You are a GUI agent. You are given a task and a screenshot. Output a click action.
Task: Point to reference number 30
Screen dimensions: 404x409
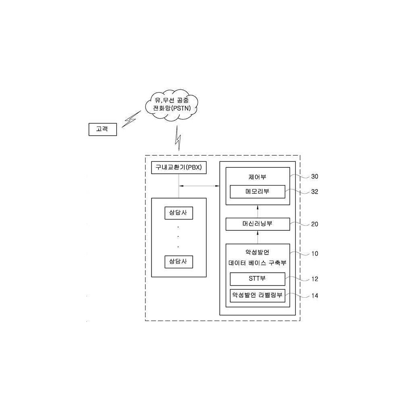315,177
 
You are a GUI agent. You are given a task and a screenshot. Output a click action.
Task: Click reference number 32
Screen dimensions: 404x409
315,192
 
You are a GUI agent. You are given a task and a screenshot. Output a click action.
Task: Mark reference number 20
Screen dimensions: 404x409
315,224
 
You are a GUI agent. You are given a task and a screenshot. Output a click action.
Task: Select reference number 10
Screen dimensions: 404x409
315,254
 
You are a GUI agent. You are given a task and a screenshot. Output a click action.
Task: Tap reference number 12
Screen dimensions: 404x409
315,279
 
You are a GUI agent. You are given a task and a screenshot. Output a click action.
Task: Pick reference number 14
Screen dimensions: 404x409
315,296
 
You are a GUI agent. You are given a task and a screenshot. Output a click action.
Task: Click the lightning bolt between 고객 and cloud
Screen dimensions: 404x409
130,119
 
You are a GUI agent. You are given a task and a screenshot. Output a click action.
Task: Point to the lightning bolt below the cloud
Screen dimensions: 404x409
178,138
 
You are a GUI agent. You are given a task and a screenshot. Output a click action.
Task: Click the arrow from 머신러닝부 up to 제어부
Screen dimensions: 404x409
258,211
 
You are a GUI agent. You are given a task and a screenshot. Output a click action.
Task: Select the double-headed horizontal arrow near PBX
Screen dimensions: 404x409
199,186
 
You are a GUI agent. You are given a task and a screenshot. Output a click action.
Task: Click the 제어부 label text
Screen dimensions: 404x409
257,177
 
